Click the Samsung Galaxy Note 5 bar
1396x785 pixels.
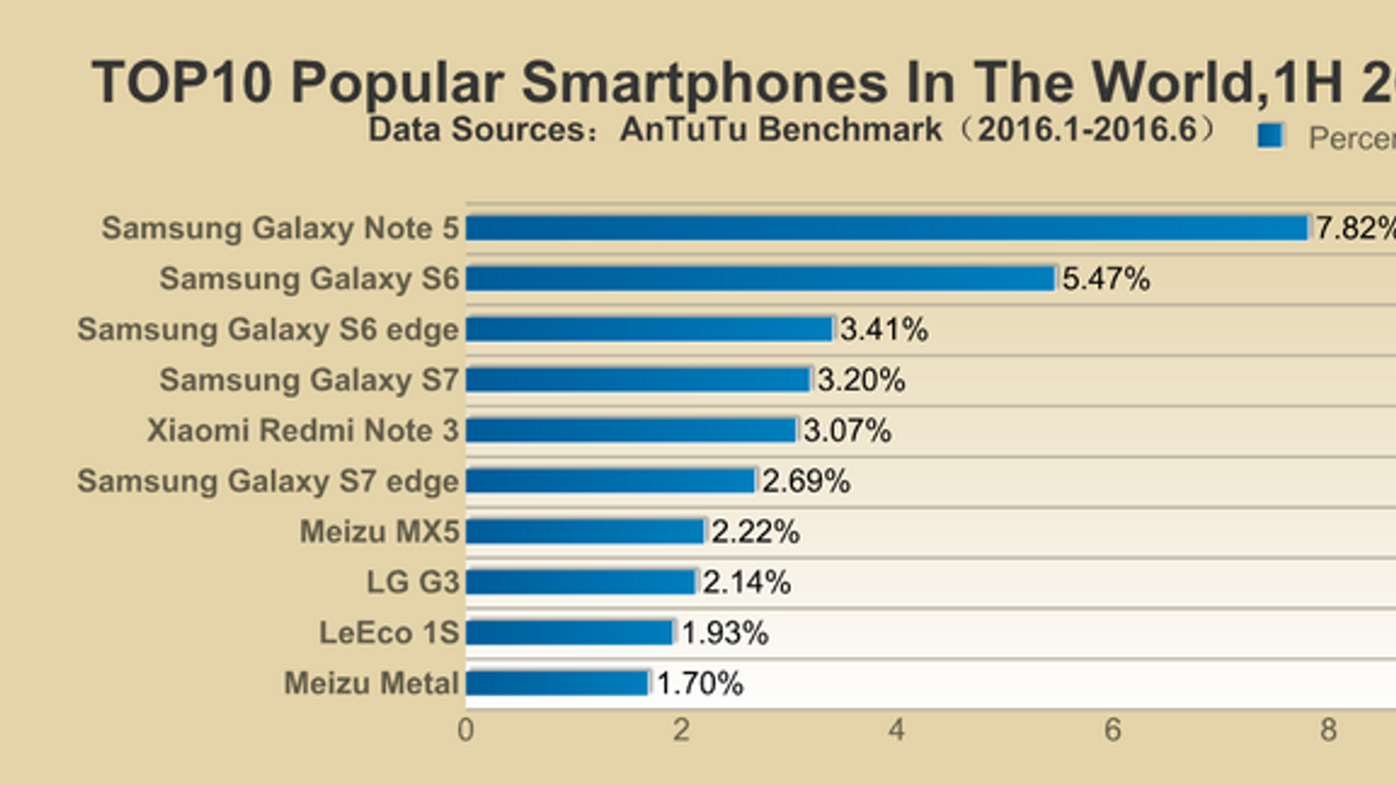[887, 229]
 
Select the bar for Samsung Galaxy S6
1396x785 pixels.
[761, 279]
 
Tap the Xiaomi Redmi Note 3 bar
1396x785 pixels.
[632, 430]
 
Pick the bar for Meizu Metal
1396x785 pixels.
[558, 683]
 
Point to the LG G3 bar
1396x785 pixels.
[581, 582]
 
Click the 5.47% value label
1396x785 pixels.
[1105, 279]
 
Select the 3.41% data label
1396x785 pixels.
[884, 330]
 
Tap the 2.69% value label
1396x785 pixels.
[805, 481]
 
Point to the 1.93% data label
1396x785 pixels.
[724, 633]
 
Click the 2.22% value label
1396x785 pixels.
[755, 532]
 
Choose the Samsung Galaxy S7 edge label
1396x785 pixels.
[268, 481]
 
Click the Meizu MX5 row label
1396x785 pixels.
[380, 532]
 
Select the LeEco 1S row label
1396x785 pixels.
[389, 633]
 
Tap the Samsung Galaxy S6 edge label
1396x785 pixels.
[268, 330]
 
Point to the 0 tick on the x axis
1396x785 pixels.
[466, 730]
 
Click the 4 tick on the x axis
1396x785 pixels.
[897, 730]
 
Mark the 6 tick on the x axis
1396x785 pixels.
[1112, 730]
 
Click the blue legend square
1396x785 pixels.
[1270, 136]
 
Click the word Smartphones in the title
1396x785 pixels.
[705, 84]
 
